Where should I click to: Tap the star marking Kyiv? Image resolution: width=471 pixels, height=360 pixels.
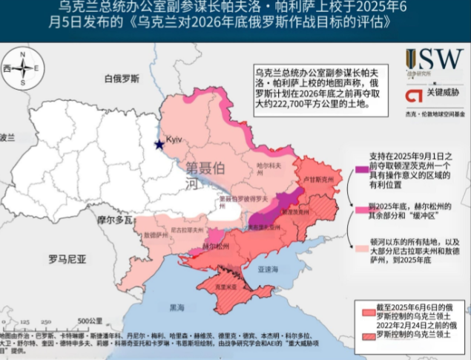click(158, 144)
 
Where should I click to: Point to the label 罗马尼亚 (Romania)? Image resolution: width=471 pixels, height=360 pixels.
click(67, 259)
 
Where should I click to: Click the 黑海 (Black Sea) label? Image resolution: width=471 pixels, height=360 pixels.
click(177, 307)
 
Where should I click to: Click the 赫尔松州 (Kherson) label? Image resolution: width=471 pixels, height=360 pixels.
click(194, 243)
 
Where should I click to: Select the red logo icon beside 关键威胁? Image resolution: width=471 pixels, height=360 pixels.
click(411, 96)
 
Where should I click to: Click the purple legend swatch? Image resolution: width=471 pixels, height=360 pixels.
click(362, 169)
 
